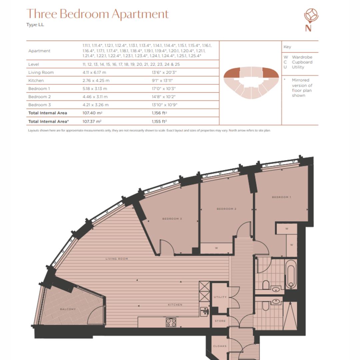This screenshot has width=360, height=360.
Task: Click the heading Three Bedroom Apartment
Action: (x=97, y=14)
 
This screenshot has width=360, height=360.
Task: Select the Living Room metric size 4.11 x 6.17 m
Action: (x=96, y=72)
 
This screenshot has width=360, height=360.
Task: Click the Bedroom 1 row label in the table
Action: (x=38, y=89)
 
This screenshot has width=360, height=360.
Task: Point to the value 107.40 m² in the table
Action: (x=92, y=113)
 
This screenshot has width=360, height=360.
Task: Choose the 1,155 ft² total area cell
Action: (x=159, y=122)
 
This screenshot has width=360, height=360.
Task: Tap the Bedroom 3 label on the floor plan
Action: (x=172, y=219)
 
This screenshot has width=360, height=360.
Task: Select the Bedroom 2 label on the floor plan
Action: (x=226, y=209)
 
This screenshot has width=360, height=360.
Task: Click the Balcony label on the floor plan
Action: (x=68, y=309)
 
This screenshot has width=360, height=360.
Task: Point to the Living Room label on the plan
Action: (x=117, y=259)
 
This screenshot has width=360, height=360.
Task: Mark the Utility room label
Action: (x=220, y=297)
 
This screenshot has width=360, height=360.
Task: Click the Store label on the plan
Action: (x=220, y=321)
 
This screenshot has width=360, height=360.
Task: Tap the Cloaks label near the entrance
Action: (x=220, y=346)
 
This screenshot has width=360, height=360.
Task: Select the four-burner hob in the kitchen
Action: (x=171, y=322)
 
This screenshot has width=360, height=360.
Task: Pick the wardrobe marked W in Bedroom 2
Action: (x=216, y=248)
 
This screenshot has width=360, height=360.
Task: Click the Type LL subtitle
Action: (x=35, y=25)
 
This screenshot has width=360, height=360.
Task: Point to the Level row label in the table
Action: (x=34, y=64)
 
